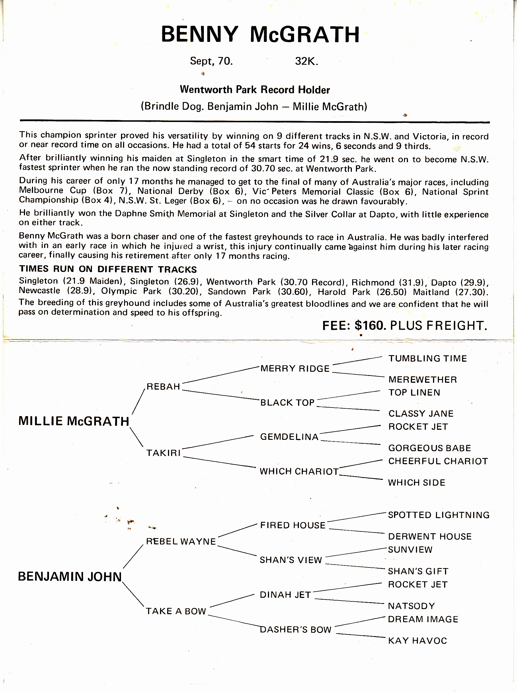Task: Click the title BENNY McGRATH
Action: pyautogui.click(x=260, y=34)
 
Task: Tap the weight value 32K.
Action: pyautogui.click(x=306, y=61)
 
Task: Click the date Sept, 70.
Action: pyautogui.click(x=211, y=61)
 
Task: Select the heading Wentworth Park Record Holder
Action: pyautogui.click(x=255, y=90)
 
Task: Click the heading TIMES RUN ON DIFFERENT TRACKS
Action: pyautogui.click(x=108, y=269)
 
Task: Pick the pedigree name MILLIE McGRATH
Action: pyautogui.click(x=74, y=421)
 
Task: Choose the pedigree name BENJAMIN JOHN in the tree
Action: pyautogui.click(x=70, y=577)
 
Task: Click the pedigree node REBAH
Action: pyautogui.click(x=163, y=387)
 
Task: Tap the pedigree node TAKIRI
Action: pyautogui.click(x=163, y=453)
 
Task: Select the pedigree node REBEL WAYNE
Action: pyautogui.click(x=181, y=542)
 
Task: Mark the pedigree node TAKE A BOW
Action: pyautogui.click(x=176, y=611)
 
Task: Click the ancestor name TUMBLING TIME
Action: pyautogui.click(x=428, y=359)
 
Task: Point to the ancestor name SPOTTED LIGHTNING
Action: pyautogui.click(x=438, y=515)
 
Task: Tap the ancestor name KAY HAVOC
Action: pyautogui.click(x=417, y=641)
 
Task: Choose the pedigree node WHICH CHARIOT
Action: pyautogui.click(x=299, y=471)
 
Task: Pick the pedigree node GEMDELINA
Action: pyautogui.click(x=289, y=437)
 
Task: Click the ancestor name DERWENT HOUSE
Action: pyautogui.click(x=430, y=536)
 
